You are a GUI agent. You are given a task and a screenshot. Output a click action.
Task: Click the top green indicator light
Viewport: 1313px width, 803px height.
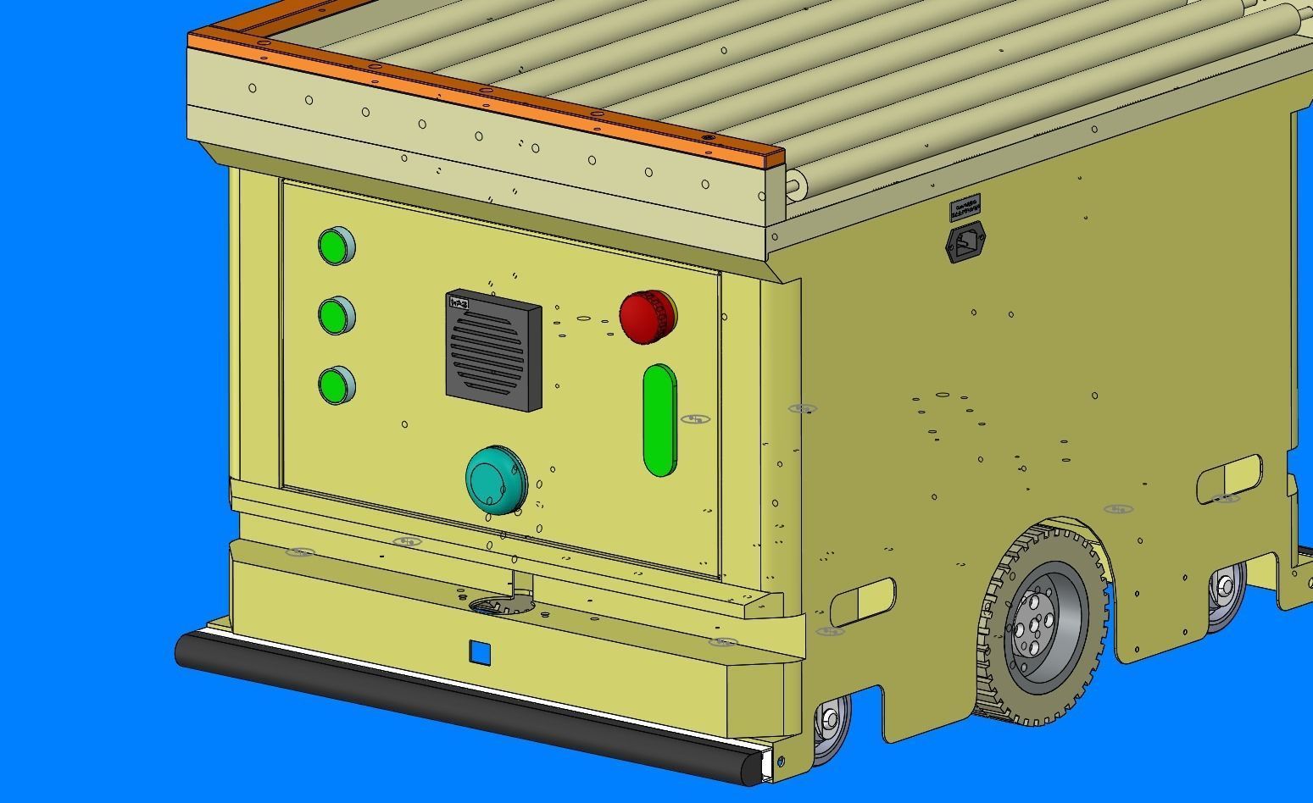coord(336,246)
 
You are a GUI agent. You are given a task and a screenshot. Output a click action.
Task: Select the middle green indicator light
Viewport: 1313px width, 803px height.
coord(336,316)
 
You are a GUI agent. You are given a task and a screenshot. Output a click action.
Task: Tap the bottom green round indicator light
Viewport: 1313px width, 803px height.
coord(336,386)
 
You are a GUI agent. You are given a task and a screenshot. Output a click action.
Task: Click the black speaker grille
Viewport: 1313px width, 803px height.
coord(492,352)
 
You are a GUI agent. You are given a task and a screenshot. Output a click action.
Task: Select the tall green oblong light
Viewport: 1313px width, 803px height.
coord(659,420)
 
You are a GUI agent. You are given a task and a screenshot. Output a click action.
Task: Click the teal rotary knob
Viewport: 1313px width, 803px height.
coord(495,479)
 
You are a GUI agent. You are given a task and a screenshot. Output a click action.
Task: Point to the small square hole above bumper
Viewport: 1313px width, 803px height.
coord(480,653)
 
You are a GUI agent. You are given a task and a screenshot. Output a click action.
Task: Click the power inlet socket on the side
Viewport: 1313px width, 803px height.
coord(965,242)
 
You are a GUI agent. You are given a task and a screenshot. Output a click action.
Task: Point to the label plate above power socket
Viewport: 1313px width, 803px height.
coord(965,208)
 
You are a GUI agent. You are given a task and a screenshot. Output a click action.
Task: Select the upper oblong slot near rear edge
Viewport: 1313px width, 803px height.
coord(1229,478)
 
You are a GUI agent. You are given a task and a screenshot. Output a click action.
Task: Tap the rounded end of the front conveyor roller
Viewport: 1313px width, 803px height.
coord(794,183)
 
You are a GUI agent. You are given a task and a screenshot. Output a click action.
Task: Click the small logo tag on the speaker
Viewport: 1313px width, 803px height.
coord(459,303)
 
